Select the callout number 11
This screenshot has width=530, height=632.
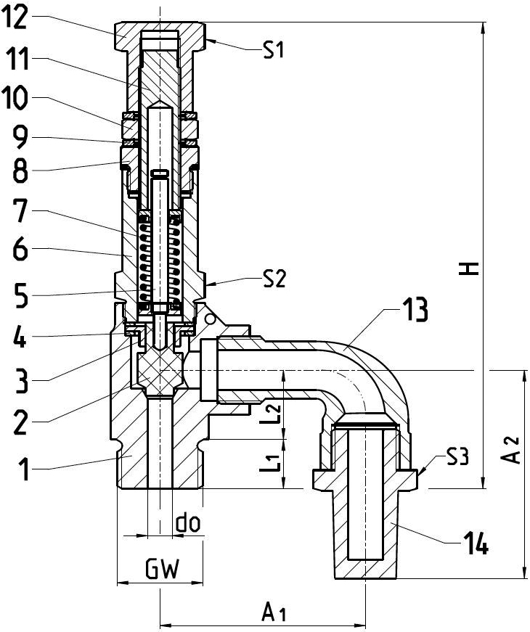[x=15, y=59]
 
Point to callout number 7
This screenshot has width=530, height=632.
[x=16, y=212]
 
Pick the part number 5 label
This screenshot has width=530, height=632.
[x=16, y=295]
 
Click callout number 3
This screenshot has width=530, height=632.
[x=16, y=379]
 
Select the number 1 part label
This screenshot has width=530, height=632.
[x=16, y=471]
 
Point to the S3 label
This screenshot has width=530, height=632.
[x=457, y=456]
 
